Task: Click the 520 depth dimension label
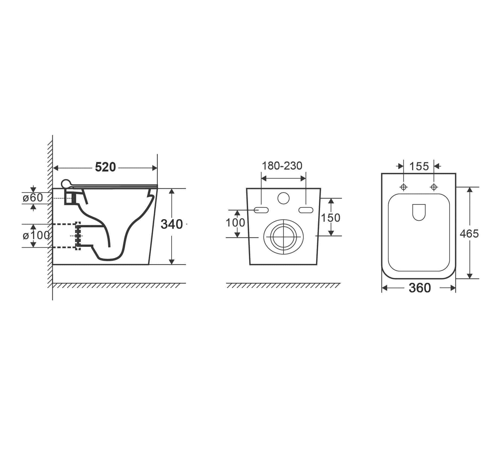[106, 167]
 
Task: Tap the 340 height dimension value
[172, 224]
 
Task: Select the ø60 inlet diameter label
[33, 198]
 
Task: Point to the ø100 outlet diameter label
[36, 235]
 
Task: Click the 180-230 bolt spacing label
[282, 166]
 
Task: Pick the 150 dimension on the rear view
[330, 218]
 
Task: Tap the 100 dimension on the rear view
[235, 223]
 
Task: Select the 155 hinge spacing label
[419, 166]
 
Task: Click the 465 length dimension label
[469, 234]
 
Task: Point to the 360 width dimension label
[420, 288]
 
